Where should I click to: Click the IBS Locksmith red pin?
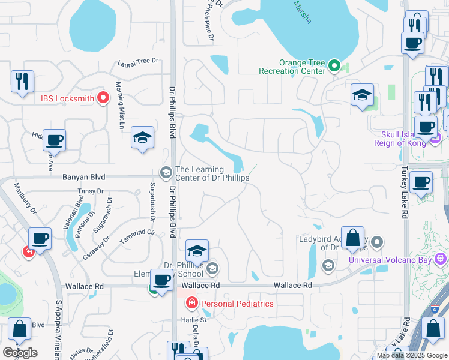[103, 98]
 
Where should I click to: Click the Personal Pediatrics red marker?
[191, 303]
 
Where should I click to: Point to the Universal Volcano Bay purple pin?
[441, 259]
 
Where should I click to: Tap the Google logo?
[20, 353]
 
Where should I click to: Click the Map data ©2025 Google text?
[412, 355]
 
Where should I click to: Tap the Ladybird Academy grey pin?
[377, 242]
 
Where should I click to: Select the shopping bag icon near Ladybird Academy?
[353, 237]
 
